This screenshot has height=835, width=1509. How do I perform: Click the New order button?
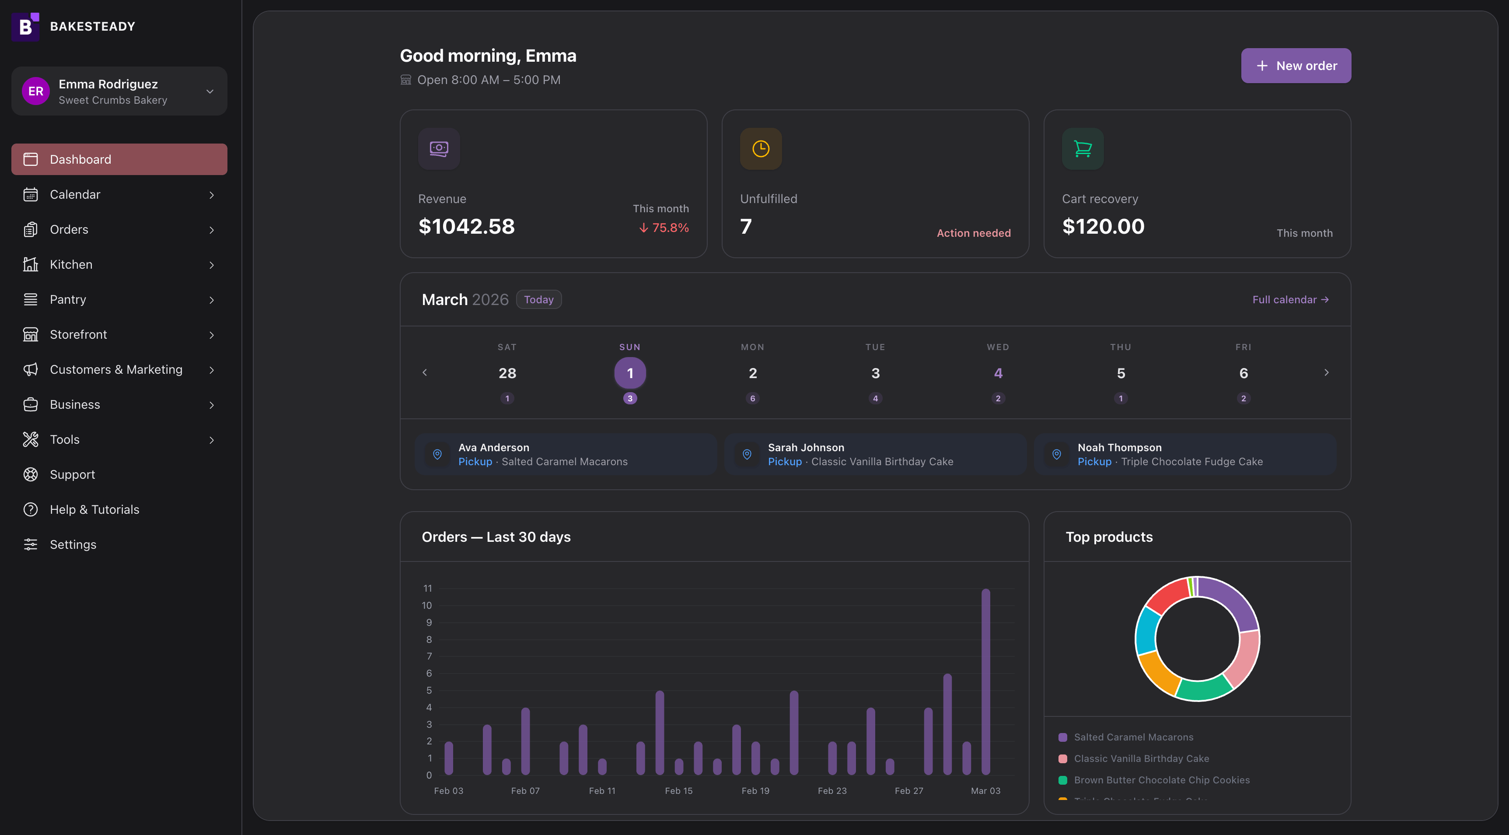click(1295, 66)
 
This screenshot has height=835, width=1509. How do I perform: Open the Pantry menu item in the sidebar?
click(68, 299)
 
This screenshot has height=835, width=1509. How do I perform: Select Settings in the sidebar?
click(73, 544)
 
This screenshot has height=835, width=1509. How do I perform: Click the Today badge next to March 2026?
click(538, 299)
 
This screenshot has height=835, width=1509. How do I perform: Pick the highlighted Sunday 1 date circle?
click(630, 373)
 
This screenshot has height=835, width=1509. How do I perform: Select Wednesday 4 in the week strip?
click(998, 373)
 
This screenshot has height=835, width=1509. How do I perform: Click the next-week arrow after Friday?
click(1326, 373)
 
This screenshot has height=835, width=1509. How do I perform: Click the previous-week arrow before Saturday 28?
click(425, 373)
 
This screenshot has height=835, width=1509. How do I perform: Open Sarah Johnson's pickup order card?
click(875, 454)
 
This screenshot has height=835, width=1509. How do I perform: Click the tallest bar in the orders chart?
click(985, 680)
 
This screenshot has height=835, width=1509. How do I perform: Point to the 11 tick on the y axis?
click(428, 588)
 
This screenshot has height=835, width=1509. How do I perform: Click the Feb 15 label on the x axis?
click(678, 790)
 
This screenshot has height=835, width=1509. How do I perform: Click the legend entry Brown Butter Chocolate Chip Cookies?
click(1161, 780)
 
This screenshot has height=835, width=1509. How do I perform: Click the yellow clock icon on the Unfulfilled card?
click(760, 149)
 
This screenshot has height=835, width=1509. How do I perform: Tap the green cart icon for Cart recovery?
click(1082, 149)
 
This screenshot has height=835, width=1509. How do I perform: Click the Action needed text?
click(973, 233)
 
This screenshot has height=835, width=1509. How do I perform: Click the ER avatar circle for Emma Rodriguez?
click(36, 91)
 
